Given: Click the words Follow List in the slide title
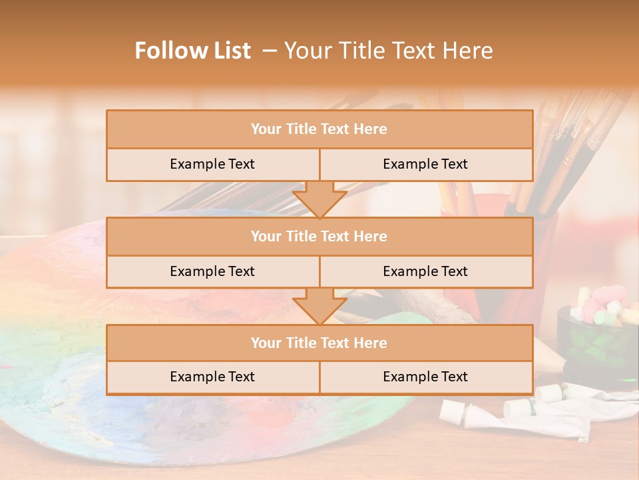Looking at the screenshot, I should point(193,51).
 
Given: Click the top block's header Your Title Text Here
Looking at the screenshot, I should point(319,129).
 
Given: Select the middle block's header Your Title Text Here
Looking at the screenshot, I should point(319,236).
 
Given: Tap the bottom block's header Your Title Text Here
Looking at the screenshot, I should point(319,343).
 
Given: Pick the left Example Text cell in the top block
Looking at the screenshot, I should point(212,164).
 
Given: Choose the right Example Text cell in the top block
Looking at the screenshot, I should point(425,164).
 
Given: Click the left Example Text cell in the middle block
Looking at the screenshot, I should point(212,271).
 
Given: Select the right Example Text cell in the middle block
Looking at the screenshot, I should point(425,271).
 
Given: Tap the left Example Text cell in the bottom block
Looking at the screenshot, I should point(212,377).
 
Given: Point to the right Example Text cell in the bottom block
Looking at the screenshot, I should point(425,377).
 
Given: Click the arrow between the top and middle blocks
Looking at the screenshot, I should point(319,199).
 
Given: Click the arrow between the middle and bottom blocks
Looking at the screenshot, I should point(319,306).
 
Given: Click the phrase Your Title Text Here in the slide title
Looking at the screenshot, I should point(389,51).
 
